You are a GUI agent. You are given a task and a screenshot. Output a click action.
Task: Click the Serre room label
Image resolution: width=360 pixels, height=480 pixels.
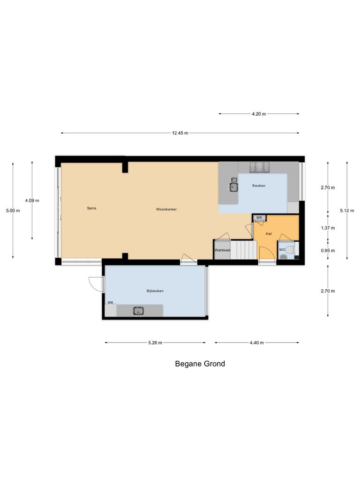[91, 208]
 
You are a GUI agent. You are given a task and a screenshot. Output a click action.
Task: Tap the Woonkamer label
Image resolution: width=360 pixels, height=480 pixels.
[166, 209]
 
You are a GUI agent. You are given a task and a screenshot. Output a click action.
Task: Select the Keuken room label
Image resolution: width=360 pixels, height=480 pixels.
[259, 186]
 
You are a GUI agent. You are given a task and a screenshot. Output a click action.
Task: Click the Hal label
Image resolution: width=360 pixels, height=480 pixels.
[269, 233]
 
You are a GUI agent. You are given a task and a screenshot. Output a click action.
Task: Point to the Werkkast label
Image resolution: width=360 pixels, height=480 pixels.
[222, 250]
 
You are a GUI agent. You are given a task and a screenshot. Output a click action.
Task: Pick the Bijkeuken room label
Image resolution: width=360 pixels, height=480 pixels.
[155, 291]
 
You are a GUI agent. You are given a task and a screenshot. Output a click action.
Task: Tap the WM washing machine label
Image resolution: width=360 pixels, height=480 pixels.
[110, 303]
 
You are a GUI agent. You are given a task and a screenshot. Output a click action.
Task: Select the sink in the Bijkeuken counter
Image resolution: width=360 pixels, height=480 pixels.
[138, 310]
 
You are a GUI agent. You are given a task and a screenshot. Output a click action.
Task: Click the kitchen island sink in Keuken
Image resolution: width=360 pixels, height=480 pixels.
[233, 187]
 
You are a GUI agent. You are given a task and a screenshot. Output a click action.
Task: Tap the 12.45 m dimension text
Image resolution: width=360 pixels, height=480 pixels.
[180, 133]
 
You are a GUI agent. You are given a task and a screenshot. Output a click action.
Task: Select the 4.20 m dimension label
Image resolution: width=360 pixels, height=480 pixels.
[259, 114]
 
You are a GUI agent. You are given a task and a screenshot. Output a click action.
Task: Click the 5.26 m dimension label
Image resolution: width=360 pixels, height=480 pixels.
[155, 343]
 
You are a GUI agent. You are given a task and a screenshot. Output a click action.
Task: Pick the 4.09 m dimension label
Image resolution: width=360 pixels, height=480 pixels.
[32, 201]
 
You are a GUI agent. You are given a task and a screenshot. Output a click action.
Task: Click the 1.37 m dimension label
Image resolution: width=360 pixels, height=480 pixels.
[328, 228]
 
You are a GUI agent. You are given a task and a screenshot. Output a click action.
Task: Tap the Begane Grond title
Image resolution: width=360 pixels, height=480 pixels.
[200, 364]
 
